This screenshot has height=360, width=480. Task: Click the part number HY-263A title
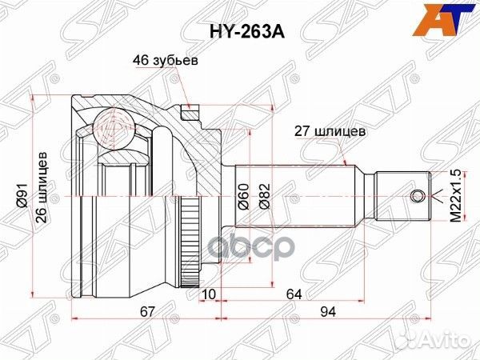tap(239, 34)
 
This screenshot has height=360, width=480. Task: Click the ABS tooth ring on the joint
tap(190, 240)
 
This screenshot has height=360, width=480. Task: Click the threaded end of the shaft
tap(404, 195)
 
